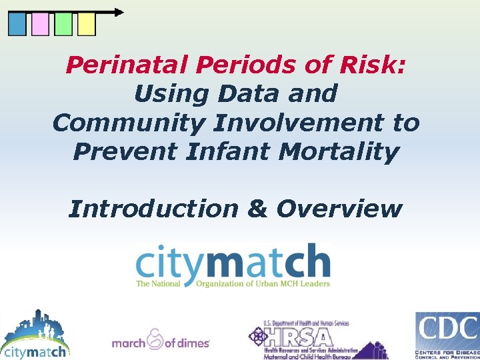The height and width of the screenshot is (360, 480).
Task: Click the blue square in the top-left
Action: (x=17, y=25)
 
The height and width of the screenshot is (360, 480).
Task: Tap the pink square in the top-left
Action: (x=40, y=25)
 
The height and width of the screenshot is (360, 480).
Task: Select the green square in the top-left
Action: (x=63, y=25)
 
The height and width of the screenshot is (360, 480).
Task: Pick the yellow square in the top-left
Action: (x=87, y=25)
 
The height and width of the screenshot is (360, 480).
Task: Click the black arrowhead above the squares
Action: (x=119, y=12)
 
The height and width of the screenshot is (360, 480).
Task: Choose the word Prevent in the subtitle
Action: (x=127, y=151)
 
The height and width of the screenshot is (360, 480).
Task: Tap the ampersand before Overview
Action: (x=257, y=209)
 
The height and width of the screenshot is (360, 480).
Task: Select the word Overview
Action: (x=339, y=209)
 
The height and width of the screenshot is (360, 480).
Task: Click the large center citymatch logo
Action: (x=233, y=265)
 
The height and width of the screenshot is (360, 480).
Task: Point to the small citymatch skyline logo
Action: (x=35, y=335)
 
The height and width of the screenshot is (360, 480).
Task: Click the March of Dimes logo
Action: (x=161, y=340)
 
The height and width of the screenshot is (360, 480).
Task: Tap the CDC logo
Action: (x=447, y=335)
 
